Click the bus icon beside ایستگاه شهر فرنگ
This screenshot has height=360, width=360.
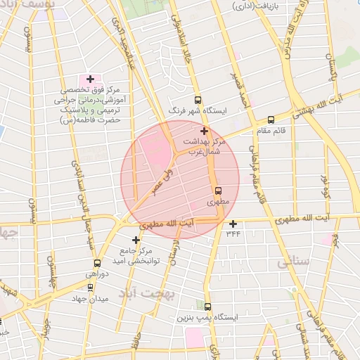(198, 100)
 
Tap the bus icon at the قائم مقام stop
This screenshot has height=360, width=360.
(271, 120)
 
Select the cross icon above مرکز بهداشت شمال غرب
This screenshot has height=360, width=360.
(204, 131)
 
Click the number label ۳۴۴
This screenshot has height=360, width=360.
(233, 233)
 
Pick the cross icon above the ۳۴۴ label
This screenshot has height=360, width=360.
(233, 224)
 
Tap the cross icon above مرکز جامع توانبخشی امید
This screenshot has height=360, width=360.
(136, 240)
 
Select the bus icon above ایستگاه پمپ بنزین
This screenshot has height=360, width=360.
(207, 307)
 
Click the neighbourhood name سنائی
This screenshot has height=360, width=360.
(293, 262)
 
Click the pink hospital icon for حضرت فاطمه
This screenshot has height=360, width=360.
(89, 77)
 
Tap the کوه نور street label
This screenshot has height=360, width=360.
(326, 186)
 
